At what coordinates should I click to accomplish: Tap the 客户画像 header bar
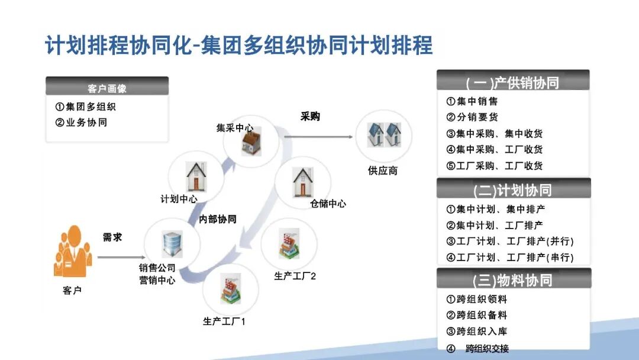107,88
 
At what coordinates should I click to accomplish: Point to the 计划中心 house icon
196,176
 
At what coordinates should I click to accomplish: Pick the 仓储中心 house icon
302,182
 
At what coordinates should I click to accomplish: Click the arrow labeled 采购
319,137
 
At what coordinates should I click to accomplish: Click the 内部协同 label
218,219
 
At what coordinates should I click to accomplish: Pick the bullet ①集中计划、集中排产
495,209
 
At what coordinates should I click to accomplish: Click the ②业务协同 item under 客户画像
81,123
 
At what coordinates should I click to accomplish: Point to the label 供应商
383,171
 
